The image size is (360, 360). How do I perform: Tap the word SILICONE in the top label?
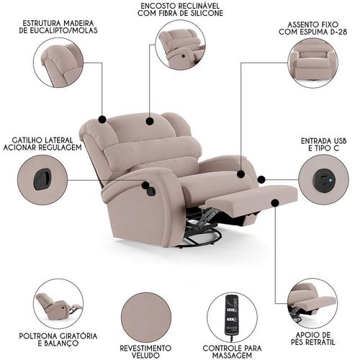tap(201, 13)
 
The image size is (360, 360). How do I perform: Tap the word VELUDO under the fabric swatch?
tap(146, 355)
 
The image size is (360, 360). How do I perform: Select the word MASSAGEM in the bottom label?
tap(233, 355)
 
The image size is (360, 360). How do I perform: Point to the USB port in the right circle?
tap(323, 179)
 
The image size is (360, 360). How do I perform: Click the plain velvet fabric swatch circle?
tap(146, 317)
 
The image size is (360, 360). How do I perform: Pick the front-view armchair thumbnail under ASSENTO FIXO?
tap(312, 63)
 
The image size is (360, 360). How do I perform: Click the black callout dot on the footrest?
tap(275, 203)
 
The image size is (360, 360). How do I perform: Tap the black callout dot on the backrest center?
tap(150, 121)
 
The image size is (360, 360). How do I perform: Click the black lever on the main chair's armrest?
tap(151, 191)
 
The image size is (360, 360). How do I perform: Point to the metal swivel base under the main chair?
tap(202, 230)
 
